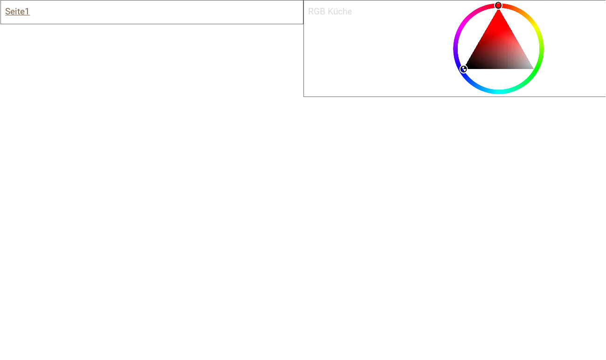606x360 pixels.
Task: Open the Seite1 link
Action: coord(17,11)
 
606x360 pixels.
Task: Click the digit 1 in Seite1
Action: coord(27,11)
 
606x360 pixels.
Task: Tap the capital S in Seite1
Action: coord(8,11)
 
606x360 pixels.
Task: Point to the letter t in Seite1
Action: coord(21,12)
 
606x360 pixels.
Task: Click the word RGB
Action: coord(317,11)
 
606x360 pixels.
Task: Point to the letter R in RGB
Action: coord(311,11)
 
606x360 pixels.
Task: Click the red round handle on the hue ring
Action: coord(498,6)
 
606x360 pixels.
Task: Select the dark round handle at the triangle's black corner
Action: coord(463,69)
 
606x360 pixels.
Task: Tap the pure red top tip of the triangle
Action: coord(498,10)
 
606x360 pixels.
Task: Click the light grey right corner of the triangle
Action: coord(532,68)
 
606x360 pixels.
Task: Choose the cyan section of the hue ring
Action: coord(498,92)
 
